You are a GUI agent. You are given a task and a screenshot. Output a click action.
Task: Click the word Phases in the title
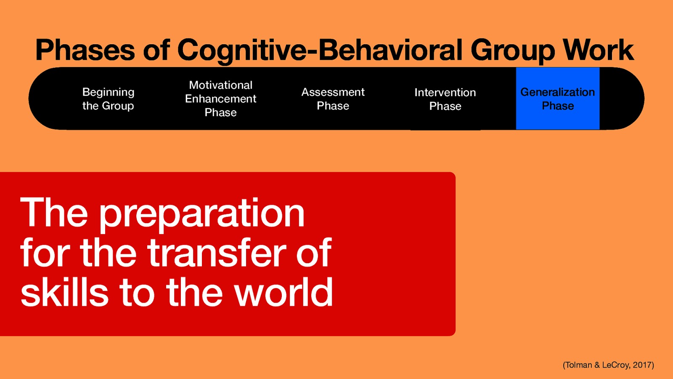pos(85,50)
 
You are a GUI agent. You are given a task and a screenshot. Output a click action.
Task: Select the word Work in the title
pos(598,50)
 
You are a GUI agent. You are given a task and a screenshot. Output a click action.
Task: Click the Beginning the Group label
pos(108,99)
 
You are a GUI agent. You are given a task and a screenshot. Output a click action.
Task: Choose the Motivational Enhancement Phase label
pos(220,99)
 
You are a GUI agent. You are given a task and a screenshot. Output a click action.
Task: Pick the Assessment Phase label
pos(333,99)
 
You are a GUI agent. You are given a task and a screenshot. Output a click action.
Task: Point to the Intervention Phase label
pos(445,99)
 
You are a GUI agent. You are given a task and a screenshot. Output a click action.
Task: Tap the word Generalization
pos(557,92)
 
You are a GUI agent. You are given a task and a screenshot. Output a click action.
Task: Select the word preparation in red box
pos(201,214)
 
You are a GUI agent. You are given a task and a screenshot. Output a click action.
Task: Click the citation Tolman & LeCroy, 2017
pos(608,365)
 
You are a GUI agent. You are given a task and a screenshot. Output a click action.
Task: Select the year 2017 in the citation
pos(642,365)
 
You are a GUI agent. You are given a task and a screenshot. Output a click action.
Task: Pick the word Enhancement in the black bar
pos(220,99)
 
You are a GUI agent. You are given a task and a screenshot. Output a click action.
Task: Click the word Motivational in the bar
pos(220,85)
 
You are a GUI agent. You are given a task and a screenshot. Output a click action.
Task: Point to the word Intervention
pos(445,92)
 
